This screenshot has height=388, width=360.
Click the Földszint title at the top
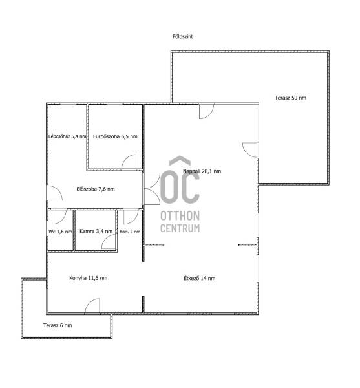point(182,36)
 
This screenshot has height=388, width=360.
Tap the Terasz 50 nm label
point(290,98)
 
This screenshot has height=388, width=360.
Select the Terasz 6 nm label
point(58,325)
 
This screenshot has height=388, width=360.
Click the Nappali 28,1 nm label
point(202,171)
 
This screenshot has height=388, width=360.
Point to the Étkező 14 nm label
point(200,278)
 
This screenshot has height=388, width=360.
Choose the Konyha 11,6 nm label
point(89,278)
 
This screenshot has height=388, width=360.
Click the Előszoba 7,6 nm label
point(96,189)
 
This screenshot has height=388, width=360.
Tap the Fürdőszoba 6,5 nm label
point(115,136)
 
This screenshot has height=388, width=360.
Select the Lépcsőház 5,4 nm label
point(67,136)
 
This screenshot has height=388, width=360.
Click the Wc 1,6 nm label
point(60,232)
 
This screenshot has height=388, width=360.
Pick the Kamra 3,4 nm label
point(96,231)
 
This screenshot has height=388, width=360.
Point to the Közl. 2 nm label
point(130,232)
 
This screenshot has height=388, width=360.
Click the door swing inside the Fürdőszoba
point(129,162)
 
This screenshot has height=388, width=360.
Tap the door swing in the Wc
point(59,217)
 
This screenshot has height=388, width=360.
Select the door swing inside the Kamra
point(109,242)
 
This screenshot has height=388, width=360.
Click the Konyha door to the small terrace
point(92,306)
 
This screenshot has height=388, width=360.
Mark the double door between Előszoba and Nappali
point(152,189)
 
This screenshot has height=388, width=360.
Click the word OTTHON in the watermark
point(180,216)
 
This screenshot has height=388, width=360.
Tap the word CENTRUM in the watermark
point(180,228)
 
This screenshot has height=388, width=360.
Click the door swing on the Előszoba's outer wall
point(55,193)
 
